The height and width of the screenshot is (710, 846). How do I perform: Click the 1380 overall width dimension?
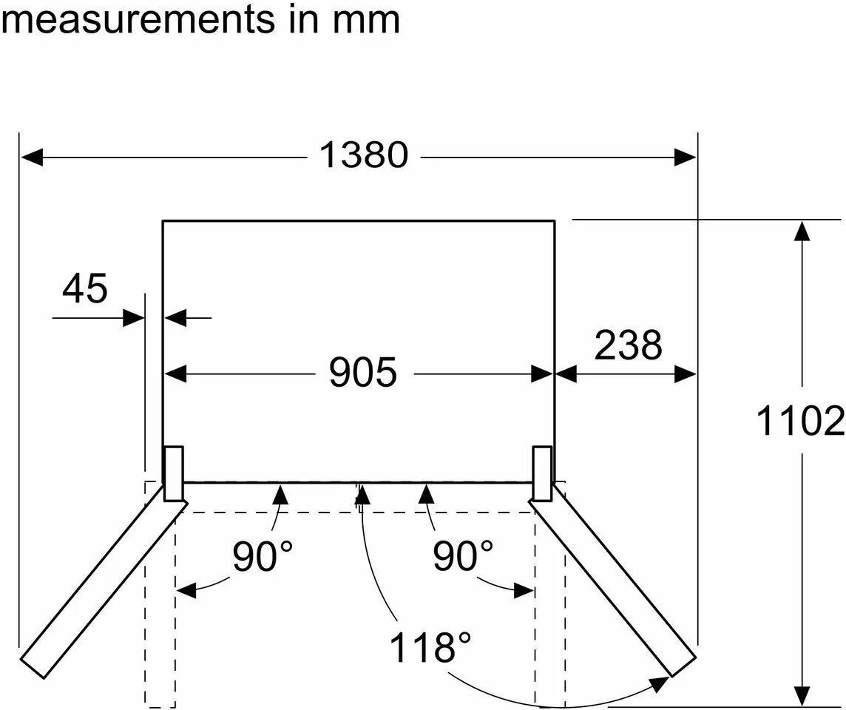tap(364, 155)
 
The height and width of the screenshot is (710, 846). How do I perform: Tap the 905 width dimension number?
tap(363, 372)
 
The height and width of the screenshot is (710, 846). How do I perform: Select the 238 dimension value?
tap(629, 345)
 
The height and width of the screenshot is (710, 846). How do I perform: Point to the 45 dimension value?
tap(85, 288)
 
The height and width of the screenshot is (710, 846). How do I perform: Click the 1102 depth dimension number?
tap(801, 422)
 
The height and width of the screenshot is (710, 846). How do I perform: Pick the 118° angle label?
tap(430, 647)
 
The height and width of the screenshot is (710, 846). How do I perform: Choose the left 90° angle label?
tap(263, 555)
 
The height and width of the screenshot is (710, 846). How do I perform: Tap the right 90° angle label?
tap(463, 555)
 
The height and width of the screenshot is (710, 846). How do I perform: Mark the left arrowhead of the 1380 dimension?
tap(32, 158)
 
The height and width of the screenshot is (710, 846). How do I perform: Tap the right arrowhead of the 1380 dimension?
tap(685, 158)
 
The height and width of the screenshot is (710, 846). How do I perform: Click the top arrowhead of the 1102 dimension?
tap(803, 232)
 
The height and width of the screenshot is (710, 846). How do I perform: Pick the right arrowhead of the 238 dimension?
tap(685, 374)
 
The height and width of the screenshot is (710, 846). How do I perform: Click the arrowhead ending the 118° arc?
tap(658, 684)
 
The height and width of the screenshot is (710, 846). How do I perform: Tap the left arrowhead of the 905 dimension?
tap(175, 374)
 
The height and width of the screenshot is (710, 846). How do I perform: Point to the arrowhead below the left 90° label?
tap(186, 590)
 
